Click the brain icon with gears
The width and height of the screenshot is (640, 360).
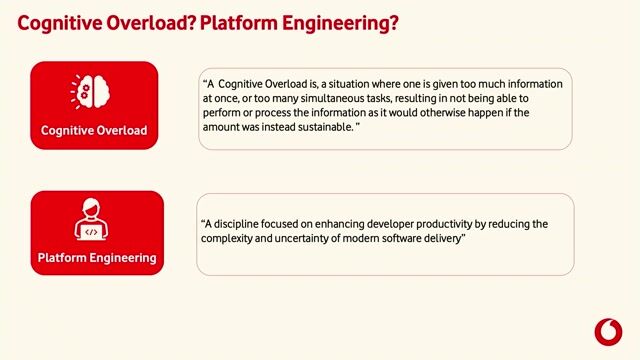(x=93, y=91)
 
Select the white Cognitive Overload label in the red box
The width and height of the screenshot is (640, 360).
(x=94, y=131)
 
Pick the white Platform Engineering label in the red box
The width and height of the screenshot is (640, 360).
(x=97, y=258)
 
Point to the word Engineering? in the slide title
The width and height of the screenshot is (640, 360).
(x=331, y=22)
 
